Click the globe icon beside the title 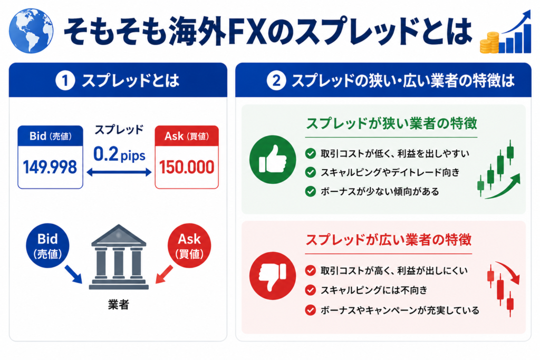tap(31, 31)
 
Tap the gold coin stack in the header tap(489, 43)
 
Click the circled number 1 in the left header tap(65, 81)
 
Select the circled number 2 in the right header tap(276, 81)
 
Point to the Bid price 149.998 tap(50, 167)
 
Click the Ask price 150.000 tap(187, 167)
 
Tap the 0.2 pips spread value tap(119, 154)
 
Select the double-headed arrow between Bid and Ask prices tap(119, 172)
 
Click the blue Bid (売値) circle tap(47, 246)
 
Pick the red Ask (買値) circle tap(189, 246)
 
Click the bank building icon tap(119, 257)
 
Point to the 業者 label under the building tap(119, 305)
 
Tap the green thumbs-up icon tap(273, 159)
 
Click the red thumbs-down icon tap(273, 276)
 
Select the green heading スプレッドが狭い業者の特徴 tap(392, 123)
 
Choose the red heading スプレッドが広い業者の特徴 tap(389, 240)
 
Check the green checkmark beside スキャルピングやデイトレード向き tap(311, 172)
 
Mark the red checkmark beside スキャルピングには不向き tap(311, 290)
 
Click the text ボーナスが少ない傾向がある tap(380, 191)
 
